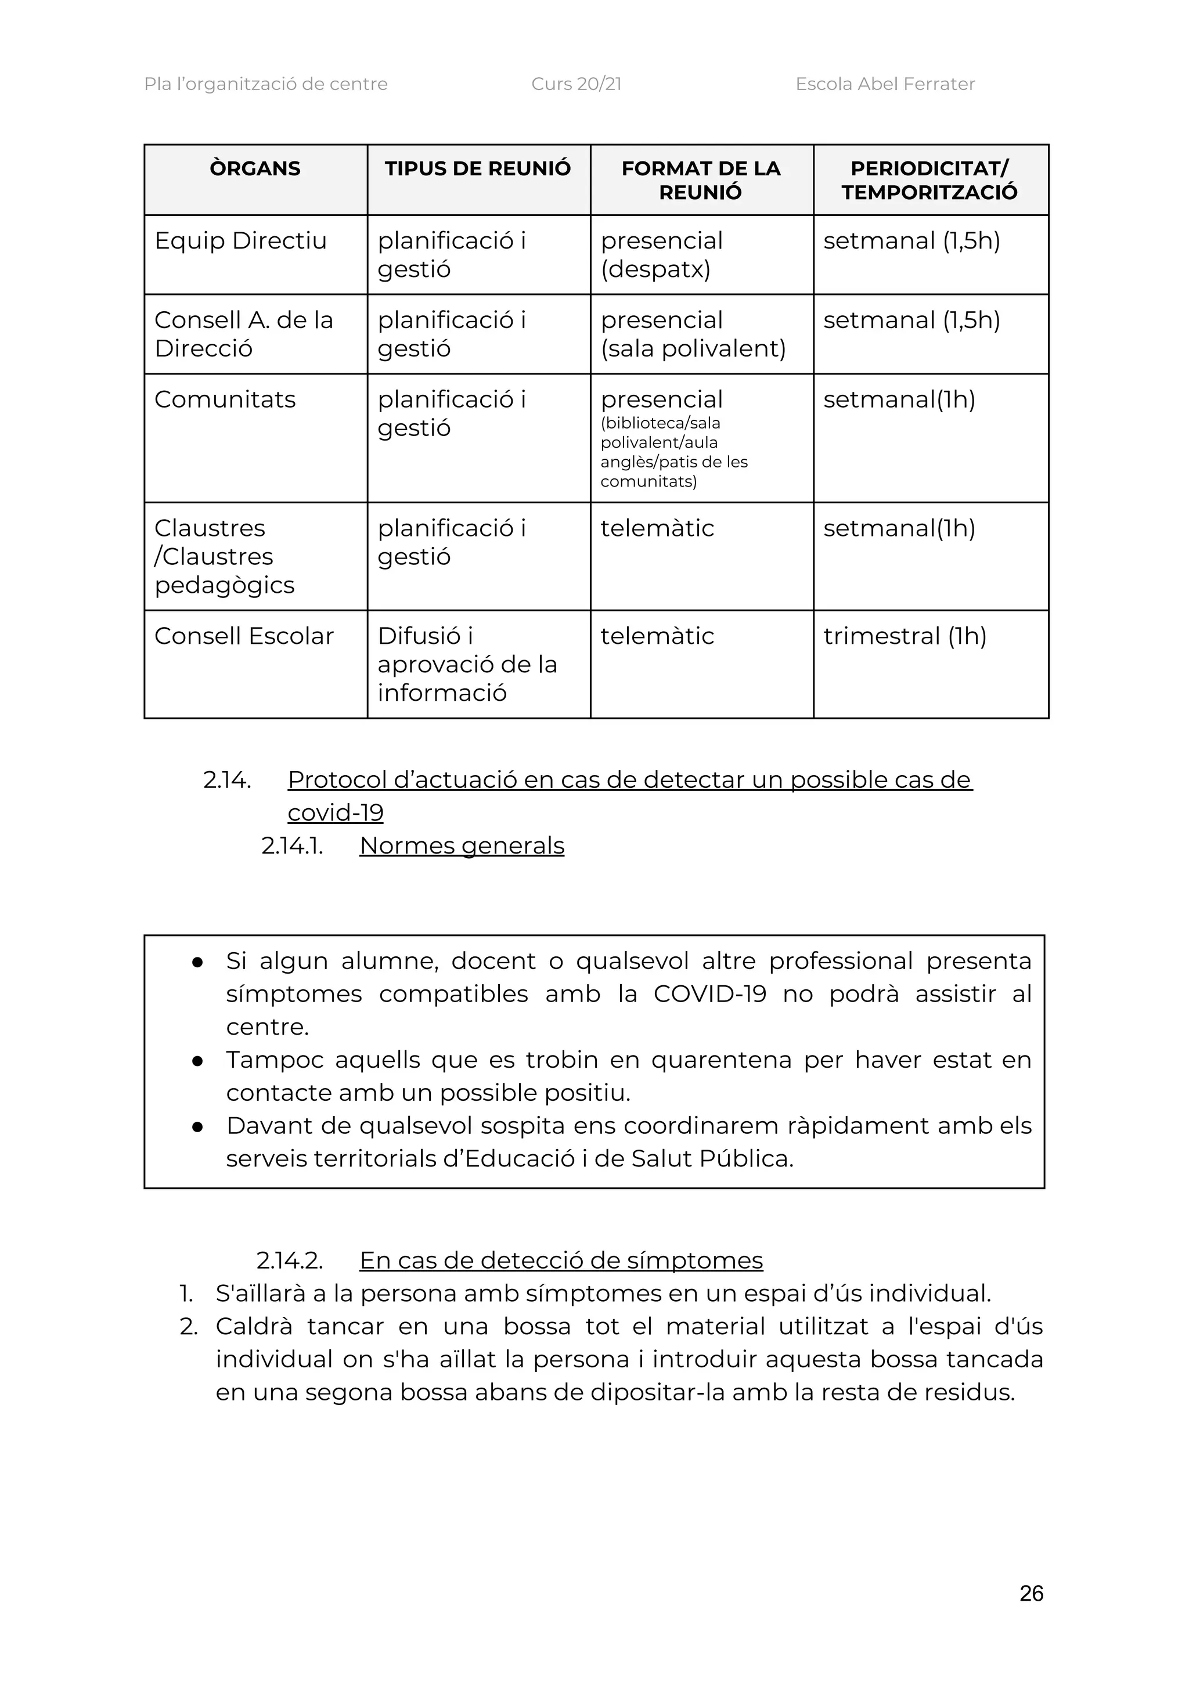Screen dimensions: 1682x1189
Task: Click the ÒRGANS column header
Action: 255,168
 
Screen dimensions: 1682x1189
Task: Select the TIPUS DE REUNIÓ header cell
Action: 478,168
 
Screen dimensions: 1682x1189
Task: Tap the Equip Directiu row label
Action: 240,240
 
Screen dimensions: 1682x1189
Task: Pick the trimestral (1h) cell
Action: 905,636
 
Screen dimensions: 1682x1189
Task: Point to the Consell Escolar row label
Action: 244,636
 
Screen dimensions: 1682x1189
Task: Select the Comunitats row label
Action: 225,399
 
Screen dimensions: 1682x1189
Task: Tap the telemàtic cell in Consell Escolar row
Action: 657,636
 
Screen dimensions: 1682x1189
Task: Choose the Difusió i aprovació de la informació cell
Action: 467,664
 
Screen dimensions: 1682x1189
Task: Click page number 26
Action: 1031,1593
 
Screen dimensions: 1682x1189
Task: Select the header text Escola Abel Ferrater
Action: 885,84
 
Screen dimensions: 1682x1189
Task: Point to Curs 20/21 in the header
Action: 577,84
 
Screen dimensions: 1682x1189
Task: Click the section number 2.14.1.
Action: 292,845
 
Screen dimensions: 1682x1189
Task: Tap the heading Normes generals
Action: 462,845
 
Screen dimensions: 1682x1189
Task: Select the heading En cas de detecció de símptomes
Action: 561,1260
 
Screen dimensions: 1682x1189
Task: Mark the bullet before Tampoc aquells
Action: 197,1060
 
